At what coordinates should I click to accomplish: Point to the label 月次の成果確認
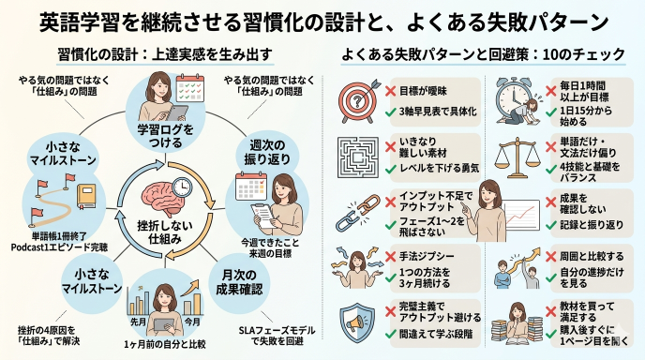(245, 278)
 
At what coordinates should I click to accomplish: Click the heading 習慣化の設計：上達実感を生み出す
(160, 53)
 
